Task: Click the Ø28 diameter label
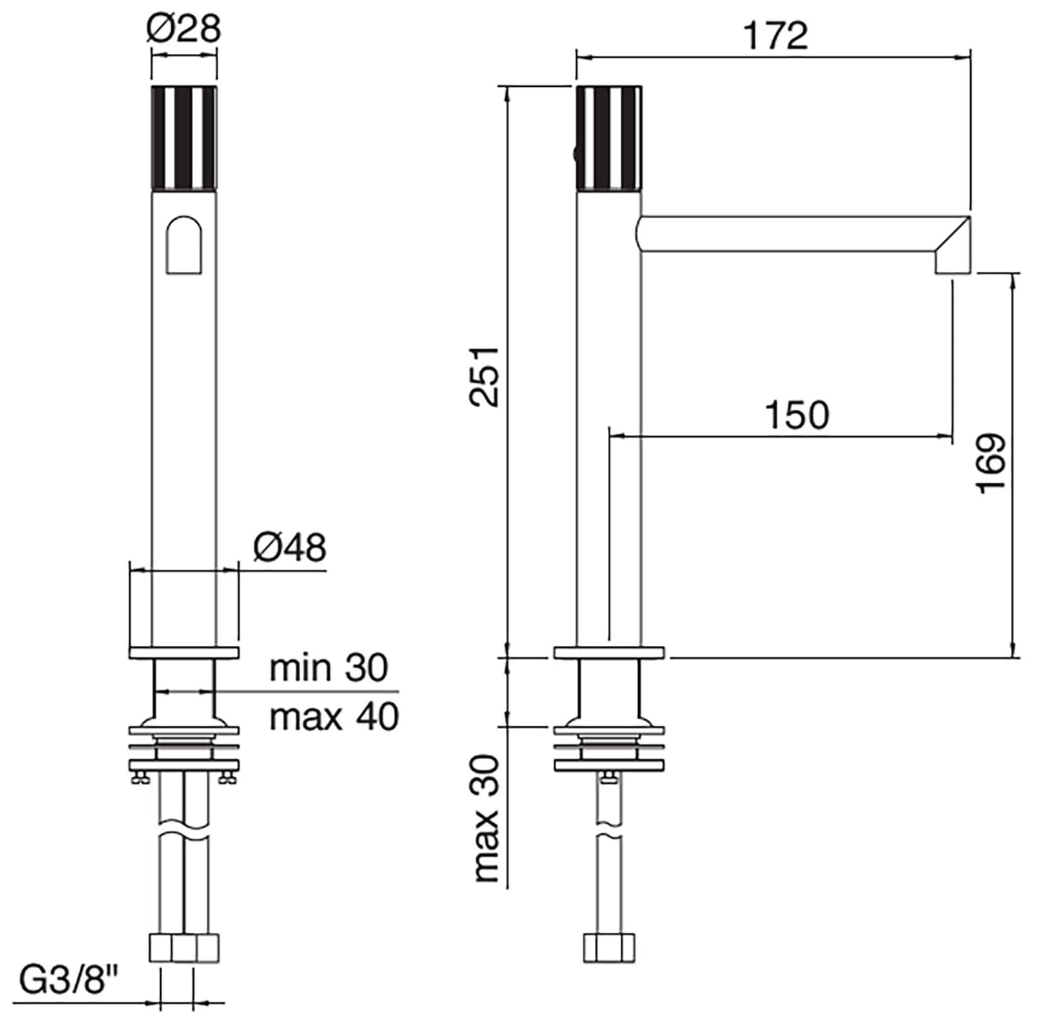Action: [x=184, y=29]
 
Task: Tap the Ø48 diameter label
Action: [x=289, y=548]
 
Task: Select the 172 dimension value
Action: [x=775, y=36]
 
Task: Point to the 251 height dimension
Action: [x=485, y=376]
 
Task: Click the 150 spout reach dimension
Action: [x=797, y=415]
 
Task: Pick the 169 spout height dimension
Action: [x=992, y=463]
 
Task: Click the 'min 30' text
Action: [x=329, y=667]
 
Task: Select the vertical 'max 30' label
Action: [x=487, y=818]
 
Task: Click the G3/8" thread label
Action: [x=69, y=981]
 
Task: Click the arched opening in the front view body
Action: [x=184, y=245]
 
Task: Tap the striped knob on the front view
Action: [x=184, y=137]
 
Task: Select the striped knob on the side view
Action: [x=609, y=137]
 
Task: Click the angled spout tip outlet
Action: [x=952, y=248]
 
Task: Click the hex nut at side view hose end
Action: [x=609, y=947]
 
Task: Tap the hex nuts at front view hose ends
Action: [x=184, y=947]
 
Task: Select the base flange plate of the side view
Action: [x=609, y=653]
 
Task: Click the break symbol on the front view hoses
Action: [x=184, y=836]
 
